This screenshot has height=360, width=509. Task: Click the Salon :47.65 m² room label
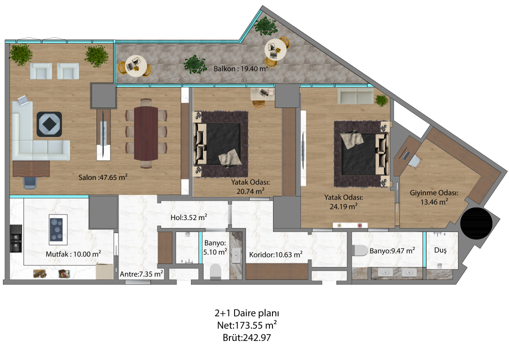(103, 177)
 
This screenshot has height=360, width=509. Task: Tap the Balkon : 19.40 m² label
(240, 68)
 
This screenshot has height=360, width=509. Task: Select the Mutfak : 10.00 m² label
(73, 254)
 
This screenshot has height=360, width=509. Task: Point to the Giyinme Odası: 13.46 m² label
(434, 197)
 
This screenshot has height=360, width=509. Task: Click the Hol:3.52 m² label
(189, 217)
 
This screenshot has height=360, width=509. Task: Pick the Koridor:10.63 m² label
(276, 254)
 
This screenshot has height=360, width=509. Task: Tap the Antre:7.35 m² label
(141, 274)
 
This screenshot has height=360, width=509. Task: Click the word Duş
(440, 250)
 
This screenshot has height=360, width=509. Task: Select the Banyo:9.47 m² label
(392, 250)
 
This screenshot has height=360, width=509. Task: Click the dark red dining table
(146, 133)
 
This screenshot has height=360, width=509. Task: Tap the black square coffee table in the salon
(49, 124)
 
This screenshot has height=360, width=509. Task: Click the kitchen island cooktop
(58, 229)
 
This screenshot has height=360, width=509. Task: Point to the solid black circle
(476, 223)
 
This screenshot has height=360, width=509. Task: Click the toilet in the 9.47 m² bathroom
(360, 250)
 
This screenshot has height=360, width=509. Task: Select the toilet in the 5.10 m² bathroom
(215, 271)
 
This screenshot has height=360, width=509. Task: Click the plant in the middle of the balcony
(195, 64)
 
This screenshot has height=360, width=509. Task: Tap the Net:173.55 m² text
(247, 325)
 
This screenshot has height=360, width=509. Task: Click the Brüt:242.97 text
(246, 337)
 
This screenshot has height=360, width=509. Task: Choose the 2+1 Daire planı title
(246, 313)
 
